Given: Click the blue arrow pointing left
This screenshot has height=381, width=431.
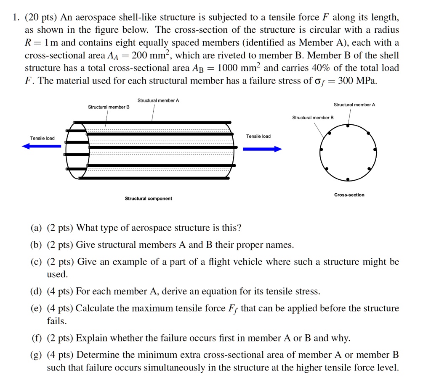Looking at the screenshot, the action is pyautogui.click(x=41, y=146).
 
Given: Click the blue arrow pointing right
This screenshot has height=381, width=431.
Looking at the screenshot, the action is pyautogui.click(x=262, y=149).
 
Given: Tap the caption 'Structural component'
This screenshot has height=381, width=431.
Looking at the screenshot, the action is pyautogui.click(x=148, y=199).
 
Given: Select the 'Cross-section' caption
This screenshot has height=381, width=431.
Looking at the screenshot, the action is pyautogui.click(x=349, y=195).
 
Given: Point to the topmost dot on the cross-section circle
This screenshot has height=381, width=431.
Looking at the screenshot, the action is pyautogui.click(x=348, y=125).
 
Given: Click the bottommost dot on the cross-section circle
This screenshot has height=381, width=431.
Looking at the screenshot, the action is pyautogui.click(x=348, y=179).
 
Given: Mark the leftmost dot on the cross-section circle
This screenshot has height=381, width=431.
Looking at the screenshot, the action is pyautogui.click(x=321, y=150).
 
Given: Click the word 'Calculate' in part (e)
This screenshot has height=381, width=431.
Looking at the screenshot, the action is pyautogui.click(x=94, y=309).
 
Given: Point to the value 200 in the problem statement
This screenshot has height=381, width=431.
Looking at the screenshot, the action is pyautogui.click(x=142, y=55).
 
